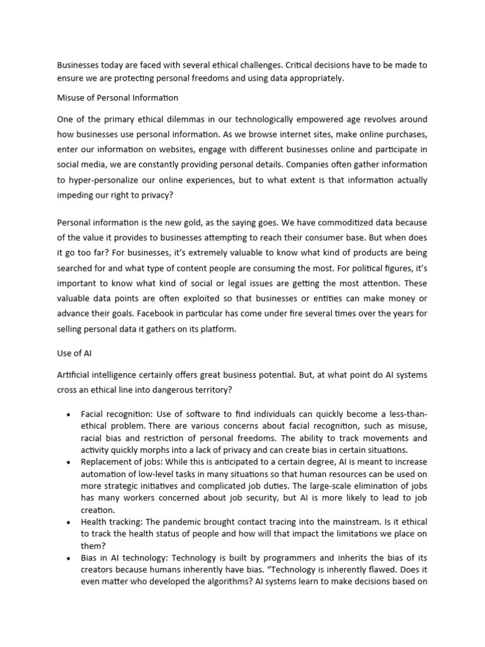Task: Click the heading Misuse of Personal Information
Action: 117,98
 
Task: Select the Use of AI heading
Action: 75,354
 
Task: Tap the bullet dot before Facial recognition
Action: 68,414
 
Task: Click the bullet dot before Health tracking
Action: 68,523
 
